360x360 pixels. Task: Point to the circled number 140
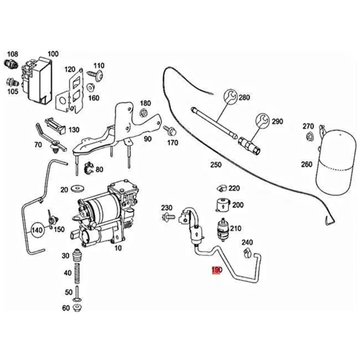(x=38, y=232)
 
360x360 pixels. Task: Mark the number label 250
(x=216, y=165)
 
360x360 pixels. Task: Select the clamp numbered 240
(x=247, y=253)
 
